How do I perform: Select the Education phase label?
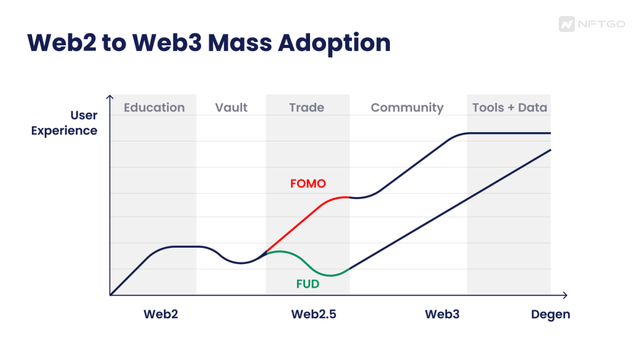click(154, 108)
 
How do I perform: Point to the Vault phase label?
click(231, 108)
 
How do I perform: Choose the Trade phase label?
click(306, 108)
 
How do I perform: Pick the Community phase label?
click(407, 108)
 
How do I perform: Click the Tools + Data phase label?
click(509, 108)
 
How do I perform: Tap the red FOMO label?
click(308, 184)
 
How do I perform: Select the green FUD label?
click(308, 284)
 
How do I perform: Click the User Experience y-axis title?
click(64, 123)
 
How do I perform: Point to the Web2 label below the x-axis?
click(160, 314)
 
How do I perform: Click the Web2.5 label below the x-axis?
click(314, 314)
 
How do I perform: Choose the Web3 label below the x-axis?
click(442, 314)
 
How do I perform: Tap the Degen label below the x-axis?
click(550, 314)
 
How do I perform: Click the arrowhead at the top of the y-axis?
click(110, 97)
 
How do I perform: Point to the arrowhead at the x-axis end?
click(565, 295)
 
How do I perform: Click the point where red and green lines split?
click(264, 253)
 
